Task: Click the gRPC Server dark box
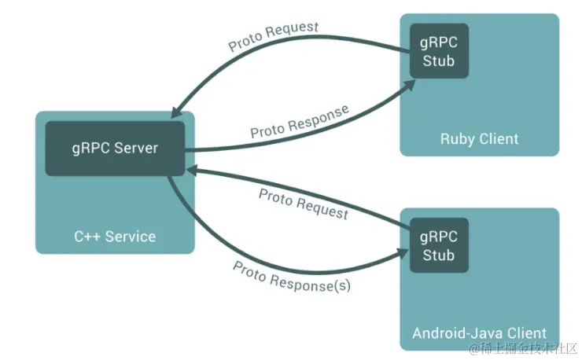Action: click(x=115, y=149)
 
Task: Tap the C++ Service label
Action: click(x=115, y=236)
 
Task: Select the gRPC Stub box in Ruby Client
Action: click(x=438, y=50)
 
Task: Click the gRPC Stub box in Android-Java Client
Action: click(x=438, y=245)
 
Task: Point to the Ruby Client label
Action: click(x=479, y=139)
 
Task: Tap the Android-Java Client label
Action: click(x=479, y=332)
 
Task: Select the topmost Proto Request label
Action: click(x=274, y=36)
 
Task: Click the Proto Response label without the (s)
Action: click(x=299, y=122)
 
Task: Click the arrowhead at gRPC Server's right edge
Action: click(x=192, y=169)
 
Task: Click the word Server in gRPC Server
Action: click(x=137, y=149)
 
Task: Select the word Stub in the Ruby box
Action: click(x=438, y=61)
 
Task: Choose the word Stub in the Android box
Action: click(x=438, y=255)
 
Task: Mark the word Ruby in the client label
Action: click(x=457, y=139)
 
